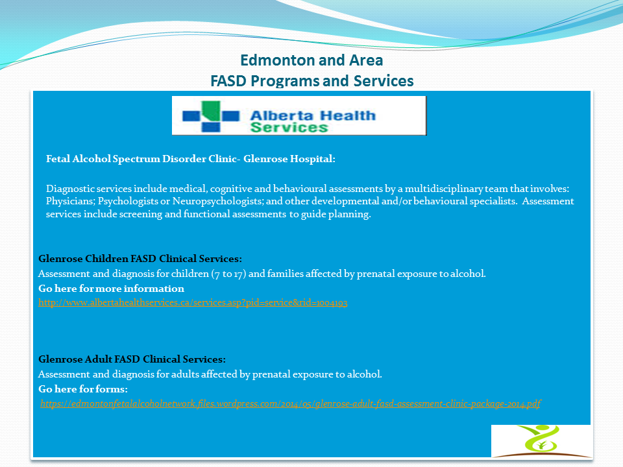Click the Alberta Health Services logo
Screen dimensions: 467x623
coord(299,115)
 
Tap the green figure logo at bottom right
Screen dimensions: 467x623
coord(541,441)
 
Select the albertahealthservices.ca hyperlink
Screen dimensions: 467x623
coord(193,303)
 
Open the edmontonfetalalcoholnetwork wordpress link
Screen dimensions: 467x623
coord(290,403)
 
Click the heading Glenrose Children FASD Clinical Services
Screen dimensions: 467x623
coord(140,259)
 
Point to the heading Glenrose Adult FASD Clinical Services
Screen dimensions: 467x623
coord(132,359)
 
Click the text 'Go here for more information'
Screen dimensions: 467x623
coord(111,289)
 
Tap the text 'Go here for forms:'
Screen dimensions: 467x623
coord(83,389)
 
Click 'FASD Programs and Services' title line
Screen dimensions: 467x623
coord(311,80)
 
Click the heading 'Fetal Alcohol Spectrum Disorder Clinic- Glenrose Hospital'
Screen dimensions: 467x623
coord(190,158)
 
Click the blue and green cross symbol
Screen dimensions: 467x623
coord(211,115)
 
